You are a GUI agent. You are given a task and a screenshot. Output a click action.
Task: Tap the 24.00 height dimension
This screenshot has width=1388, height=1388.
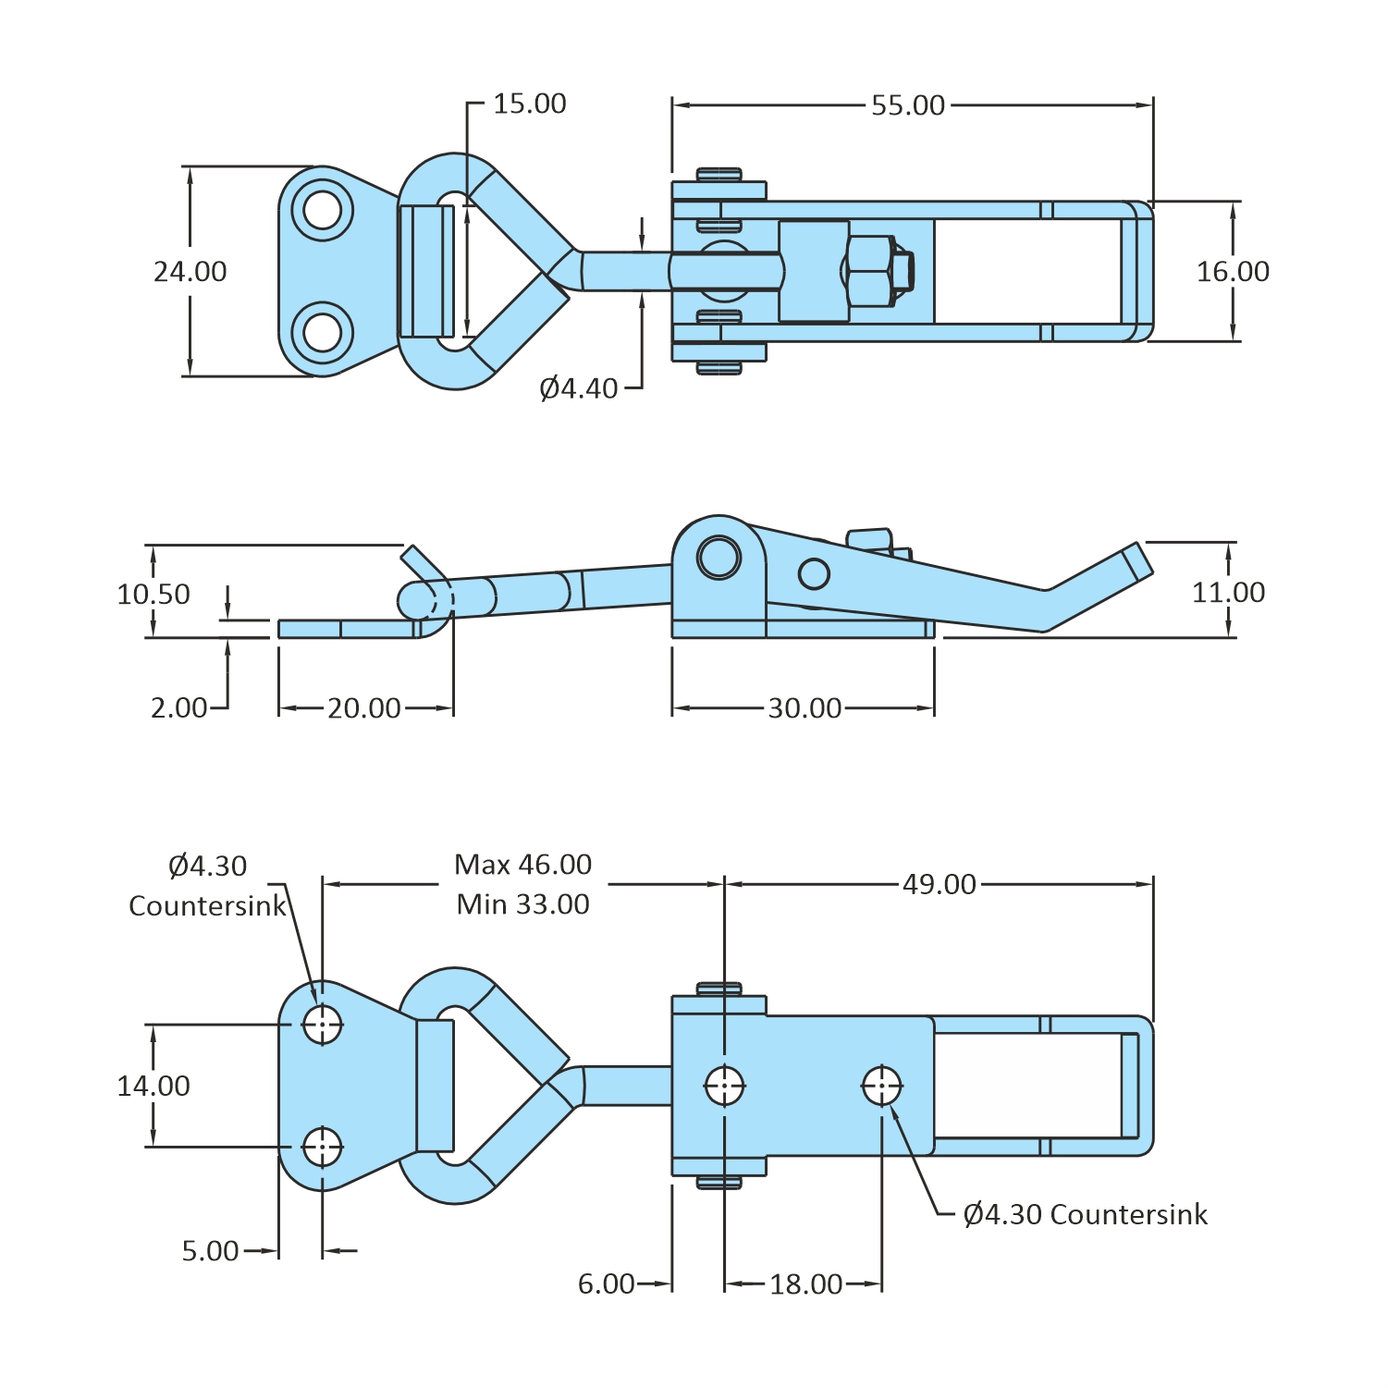[190, 271]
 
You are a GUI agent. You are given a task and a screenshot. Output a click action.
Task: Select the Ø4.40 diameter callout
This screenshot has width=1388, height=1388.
[578, 388]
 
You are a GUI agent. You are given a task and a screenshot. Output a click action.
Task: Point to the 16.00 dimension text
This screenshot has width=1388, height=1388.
[1233, 271]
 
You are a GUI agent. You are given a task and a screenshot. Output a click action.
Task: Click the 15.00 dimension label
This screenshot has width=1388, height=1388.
[529, 104]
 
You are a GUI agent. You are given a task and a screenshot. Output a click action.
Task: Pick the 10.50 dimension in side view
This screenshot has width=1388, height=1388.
[153, 594]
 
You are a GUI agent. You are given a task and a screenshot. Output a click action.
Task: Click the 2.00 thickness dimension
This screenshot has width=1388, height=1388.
[178, 708]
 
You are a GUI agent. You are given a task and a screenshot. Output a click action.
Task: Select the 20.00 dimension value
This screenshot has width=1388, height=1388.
[363, 708]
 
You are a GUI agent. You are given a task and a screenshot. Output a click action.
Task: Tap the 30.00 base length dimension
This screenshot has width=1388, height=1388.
[805, 708]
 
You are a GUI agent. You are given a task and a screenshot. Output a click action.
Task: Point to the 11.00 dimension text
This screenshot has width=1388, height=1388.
[1228, 592]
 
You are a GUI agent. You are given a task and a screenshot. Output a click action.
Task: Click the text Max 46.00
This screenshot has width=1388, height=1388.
[522, 865]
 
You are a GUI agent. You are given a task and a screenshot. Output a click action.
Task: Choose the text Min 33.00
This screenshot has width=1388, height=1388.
[522, 904]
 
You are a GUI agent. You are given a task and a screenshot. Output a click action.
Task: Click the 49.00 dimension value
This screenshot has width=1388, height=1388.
[939, 885]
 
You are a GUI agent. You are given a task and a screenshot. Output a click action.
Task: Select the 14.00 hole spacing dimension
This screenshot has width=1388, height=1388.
[153, 1086]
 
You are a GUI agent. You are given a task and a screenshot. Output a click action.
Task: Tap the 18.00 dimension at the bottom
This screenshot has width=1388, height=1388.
[805, 1284]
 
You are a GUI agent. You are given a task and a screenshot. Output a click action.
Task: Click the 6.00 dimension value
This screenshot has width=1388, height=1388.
[606, 1284]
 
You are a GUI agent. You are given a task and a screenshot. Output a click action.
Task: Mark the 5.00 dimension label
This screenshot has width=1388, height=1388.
[210, 1251]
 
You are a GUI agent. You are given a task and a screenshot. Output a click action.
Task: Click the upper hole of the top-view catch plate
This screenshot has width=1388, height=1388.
[323, 210]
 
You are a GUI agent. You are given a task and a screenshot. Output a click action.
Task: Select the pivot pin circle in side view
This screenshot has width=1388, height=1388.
[719, 557]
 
